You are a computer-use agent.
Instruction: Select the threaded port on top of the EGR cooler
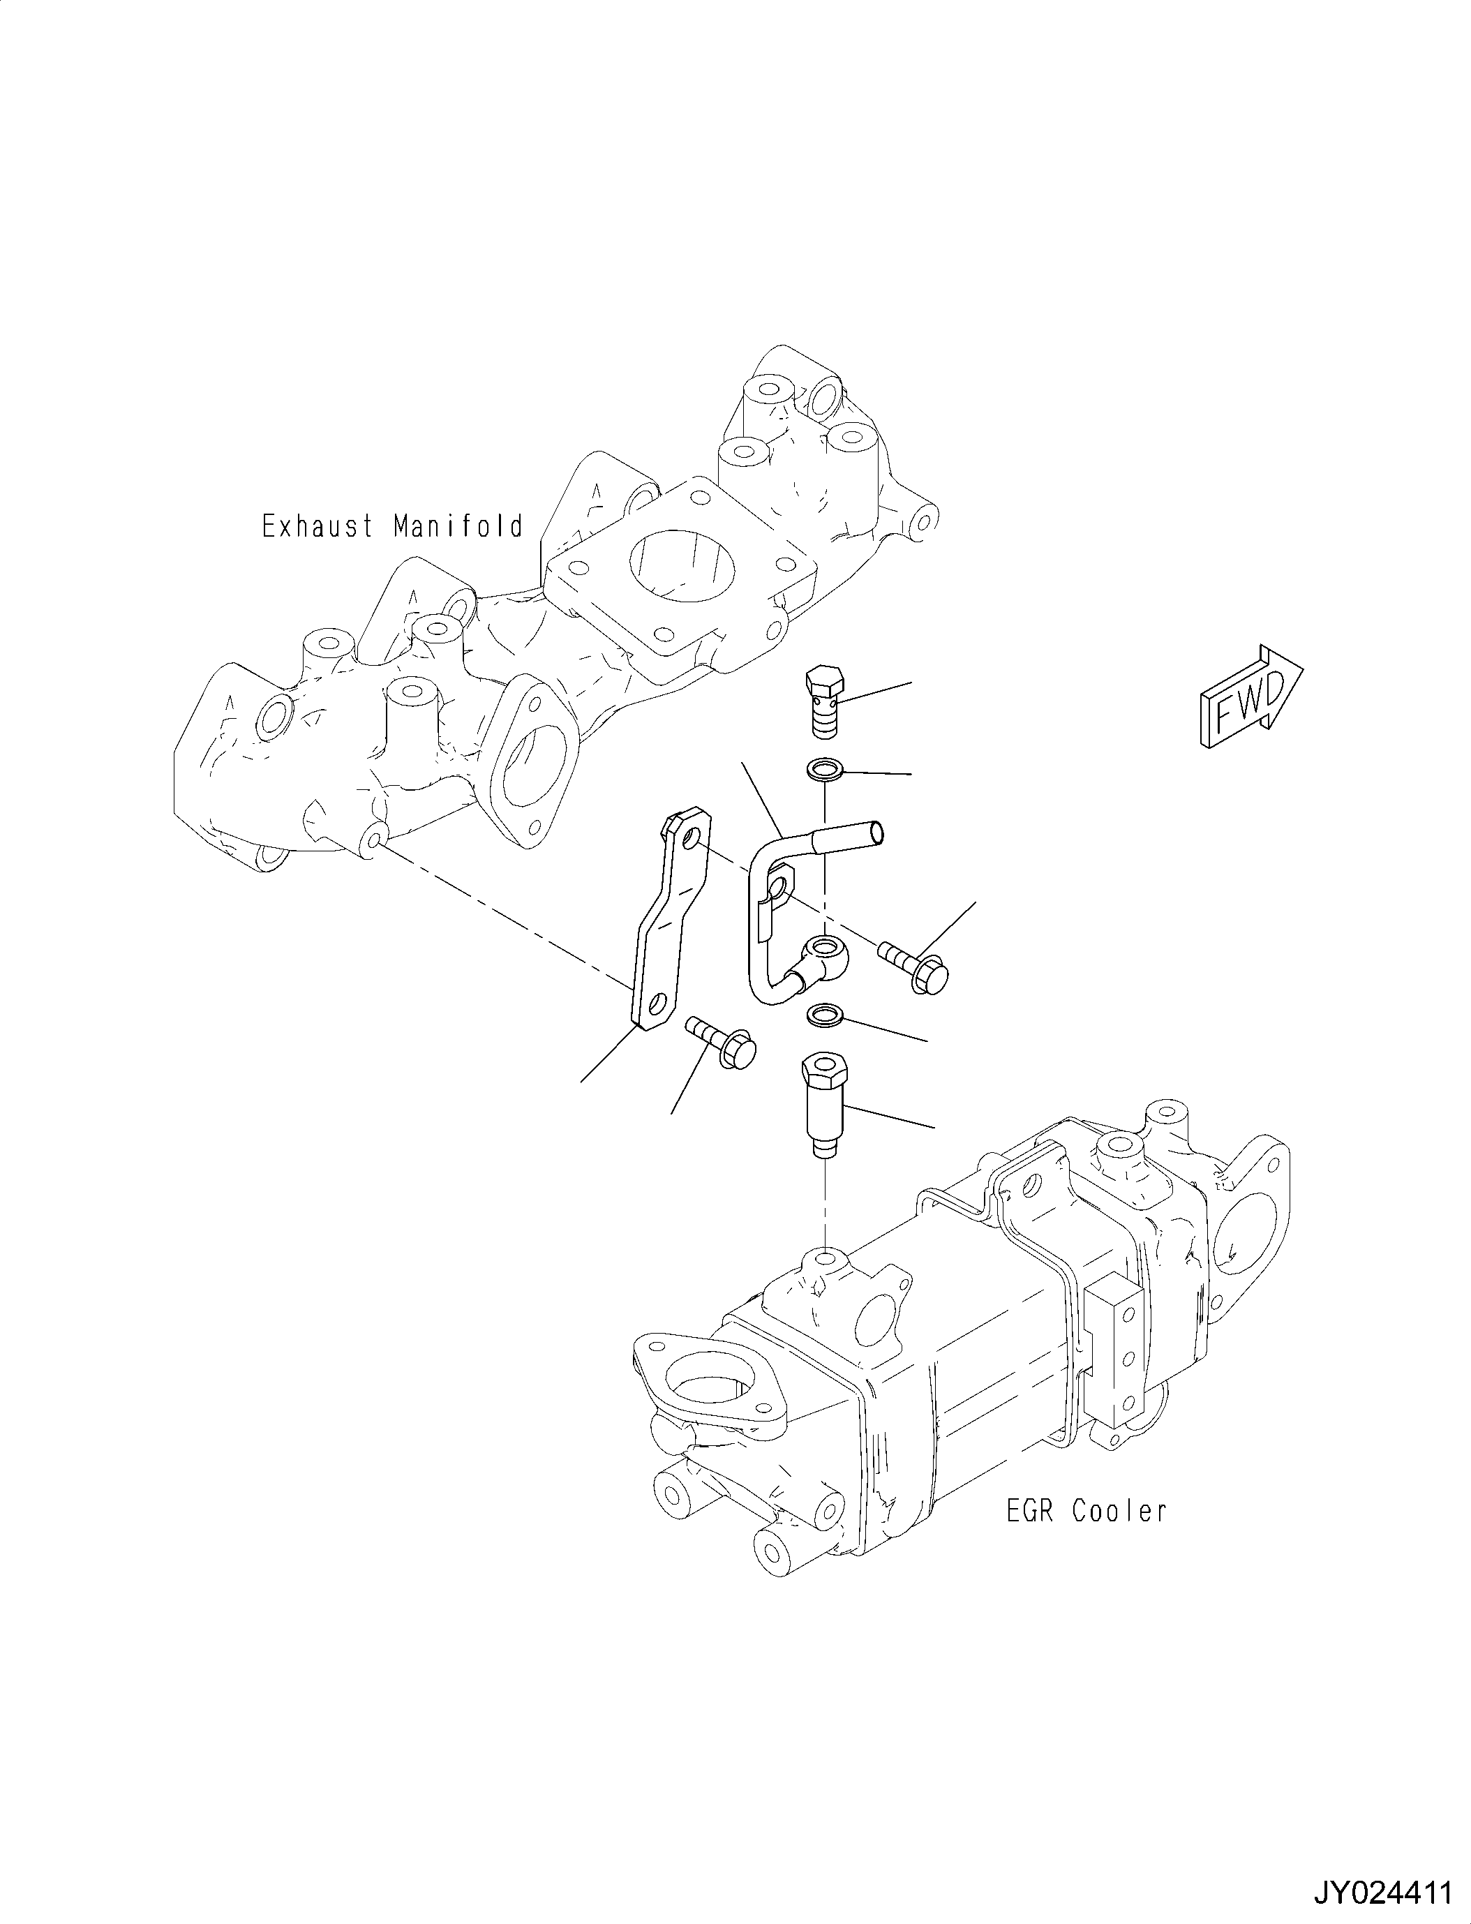[824, 1261]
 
